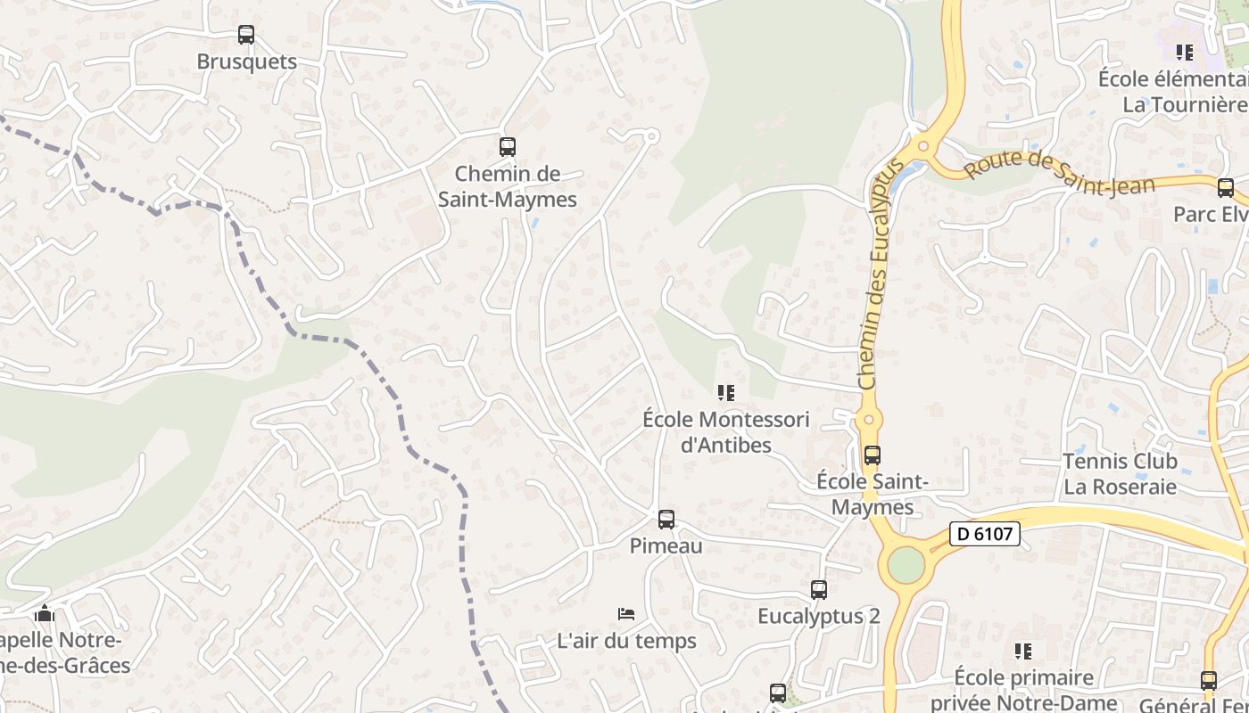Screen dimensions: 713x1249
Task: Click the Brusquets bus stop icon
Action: (x=245, y=35)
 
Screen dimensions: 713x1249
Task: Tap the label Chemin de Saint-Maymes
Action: (x=507, y=186)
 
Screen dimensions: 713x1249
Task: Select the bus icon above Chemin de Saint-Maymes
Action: (x=507, y=146)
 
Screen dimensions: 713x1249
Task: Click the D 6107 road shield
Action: (x=984, y=534)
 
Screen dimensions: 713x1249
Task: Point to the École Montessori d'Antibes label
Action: (x=725, y=431)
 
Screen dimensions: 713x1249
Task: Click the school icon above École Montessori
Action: (x=725, y=392)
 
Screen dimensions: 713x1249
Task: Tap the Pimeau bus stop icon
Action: (x=666, y=520)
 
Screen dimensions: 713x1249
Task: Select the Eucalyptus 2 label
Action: (x=818, y=616)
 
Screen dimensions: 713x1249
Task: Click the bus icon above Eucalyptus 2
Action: (x=818, y=589)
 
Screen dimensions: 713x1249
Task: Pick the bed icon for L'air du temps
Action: (x=626, y=613)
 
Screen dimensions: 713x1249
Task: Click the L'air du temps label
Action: (x=626, y=640)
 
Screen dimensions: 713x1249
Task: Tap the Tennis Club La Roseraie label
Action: (x=1120, y=474)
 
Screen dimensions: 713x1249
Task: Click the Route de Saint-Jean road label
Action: (x=1059, y=173)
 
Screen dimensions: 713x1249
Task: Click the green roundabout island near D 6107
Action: (x=906, y=565)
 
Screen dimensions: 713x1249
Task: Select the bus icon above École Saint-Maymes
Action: (x=872, y=455)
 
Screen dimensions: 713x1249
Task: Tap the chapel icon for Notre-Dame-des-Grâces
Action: (x=44, y=613)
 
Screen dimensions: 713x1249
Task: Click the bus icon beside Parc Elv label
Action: (x=1225, y=188)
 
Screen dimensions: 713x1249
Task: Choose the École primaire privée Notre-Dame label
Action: (x=1022, y=689)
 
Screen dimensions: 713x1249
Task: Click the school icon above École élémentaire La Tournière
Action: (x=1184, y=53)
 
